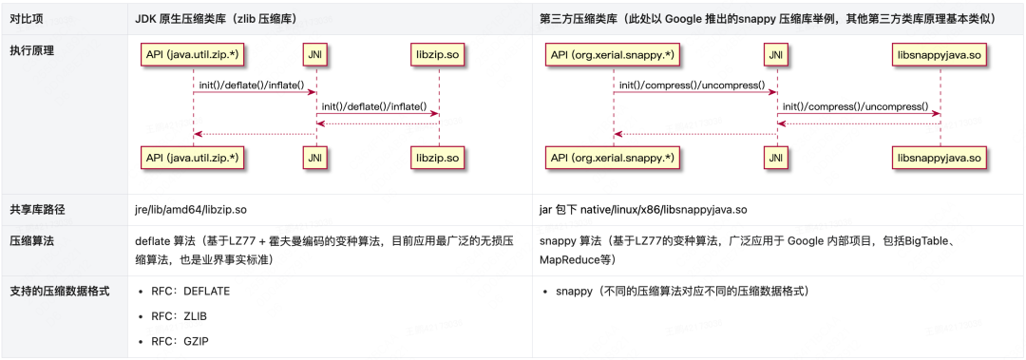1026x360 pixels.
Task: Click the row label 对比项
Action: point(24,19)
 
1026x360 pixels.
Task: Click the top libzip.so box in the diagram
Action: point(439,56)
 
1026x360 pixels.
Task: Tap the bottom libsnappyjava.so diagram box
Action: point(940,158)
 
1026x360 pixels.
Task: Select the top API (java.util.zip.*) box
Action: point(193,56)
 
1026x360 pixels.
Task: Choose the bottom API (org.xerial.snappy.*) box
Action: point(613,158)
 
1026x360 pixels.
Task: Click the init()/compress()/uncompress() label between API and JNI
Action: point(693,85)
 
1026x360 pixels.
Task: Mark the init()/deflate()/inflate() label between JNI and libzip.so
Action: point(374,106)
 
